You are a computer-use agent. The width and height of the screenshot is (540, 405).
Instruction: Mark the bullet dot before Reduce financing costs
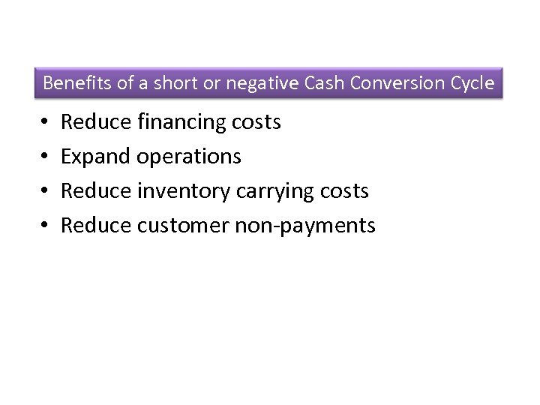click(46, 122)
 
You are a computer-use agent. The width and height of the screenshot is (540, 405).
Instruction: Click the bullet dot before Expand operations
click(46, 157)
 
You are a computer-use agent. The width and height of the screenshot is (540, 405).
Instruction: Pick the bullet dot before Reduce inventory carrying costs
click(46, 191)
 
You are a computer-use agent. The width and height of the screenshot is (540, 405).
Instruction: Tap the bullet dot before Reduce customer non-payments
click(46, 226)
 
